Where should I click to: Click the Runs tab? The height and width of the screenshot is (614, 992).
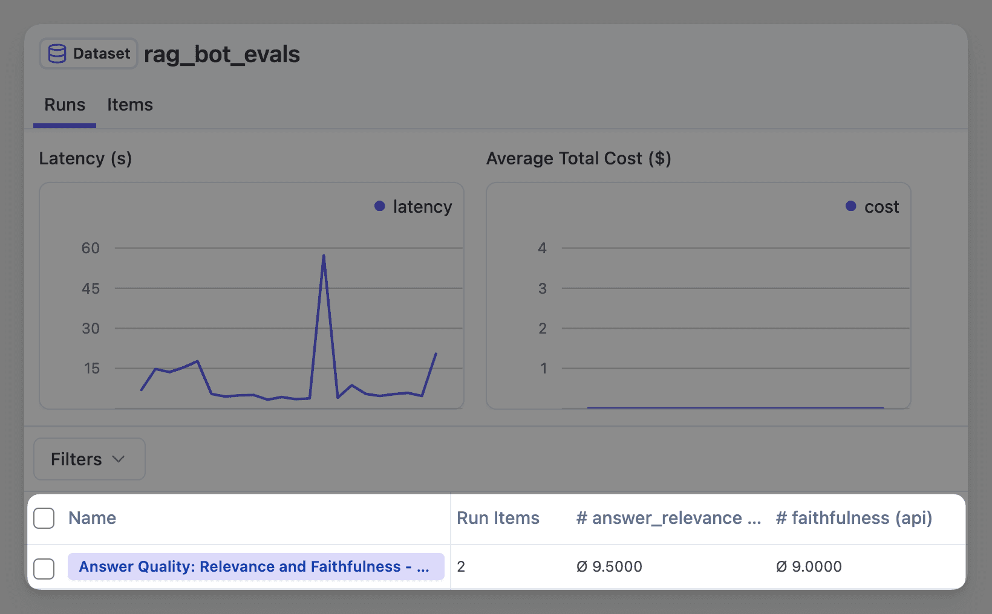point(65,105)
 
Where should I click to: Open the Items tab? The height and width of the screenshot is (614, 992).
point(130,105)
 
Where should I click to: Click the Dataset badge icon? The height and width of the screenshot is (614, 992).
point(57,54)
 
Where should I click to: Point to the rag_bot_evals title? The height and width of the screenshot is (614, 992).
point(222,54)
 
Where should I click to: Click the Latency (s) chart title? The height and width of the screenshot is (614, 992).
point(85,158)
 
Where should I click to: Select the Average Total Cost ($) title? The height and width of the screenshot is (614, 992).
point(578,158)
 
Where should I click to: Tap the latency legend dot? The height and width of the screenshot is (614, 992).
point(380,206)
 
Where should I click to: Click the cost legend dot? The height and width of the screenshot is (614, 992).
point(850,206)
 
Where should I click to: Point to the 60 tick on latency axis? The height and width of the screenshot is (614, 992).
point(91,248)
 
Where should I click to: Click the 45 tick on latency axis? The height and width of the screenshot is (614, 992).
point(91,288)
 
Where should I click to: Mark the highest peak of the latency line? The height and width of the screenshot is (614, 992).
point(324,256)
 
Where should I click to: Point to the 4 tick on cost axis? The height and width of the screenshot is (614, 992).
point(543,248)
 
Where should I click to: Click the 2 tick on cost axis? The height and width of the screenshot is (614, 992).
point(543,328)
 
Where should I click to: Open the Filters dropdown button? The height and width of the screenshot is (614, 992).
point(89,459)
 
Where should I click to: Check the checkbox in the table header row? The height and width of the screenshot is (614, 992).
point(44,518)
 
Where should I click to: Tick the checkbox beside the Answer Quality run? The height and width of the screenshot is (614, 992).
point(44,569)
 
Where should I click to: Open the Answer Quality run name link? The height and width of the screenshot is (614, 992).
point(254,567)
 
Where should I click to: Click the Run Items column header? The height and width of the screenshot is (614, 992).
point(498,518)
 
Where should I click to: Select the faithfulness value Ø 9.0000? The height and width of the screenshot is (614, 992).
point(809,567)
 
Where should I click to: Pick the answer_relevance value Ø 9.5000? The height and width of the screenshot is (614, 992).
point(609,567)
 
